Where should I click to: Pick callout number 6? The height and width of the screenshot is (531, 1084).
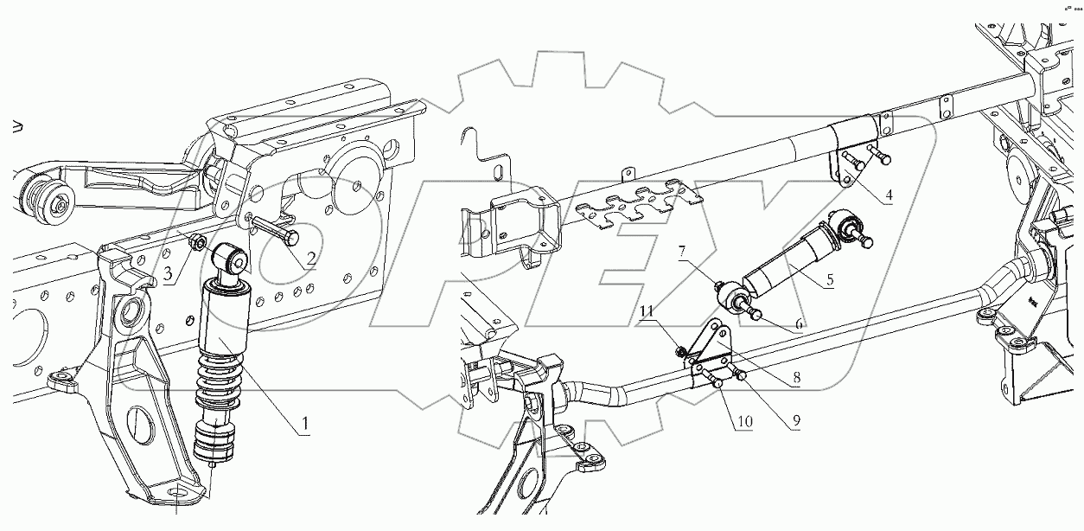[798, 322]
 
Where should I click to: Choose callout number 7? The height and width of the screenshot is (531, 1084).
[682, 252]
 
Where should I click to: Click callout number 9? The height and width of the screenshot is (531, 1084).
[794, 421]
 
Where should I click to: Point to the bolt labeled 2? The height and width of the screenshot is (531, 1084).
[272, 229]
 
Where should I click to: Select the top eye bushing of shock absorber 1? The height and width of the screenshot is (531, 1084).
[233, 258]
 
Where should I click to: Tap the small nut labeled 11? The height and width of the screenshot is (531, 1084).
[681, 350]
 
